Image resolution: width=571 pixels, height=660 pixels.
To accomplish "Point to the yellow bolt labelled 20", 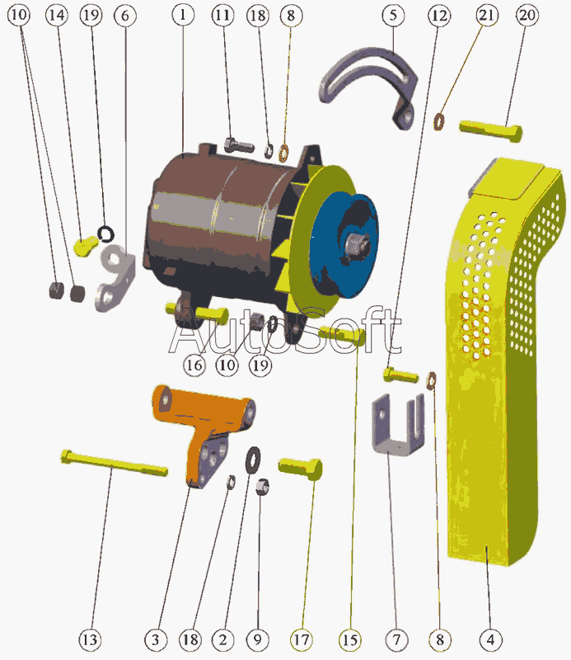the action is point(491,130).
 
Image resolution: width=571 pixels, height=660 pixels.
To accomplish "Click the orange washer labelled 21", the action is point(439,121).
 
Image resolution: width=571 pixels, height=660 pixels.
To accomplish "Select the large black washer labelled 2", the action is point(253,460).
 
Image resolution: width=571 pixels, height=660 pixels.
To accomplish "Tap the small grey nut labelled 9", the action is point(262,487).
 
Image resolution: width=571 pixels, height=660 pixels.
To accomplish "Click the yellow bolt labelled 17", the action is point(301,469).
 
